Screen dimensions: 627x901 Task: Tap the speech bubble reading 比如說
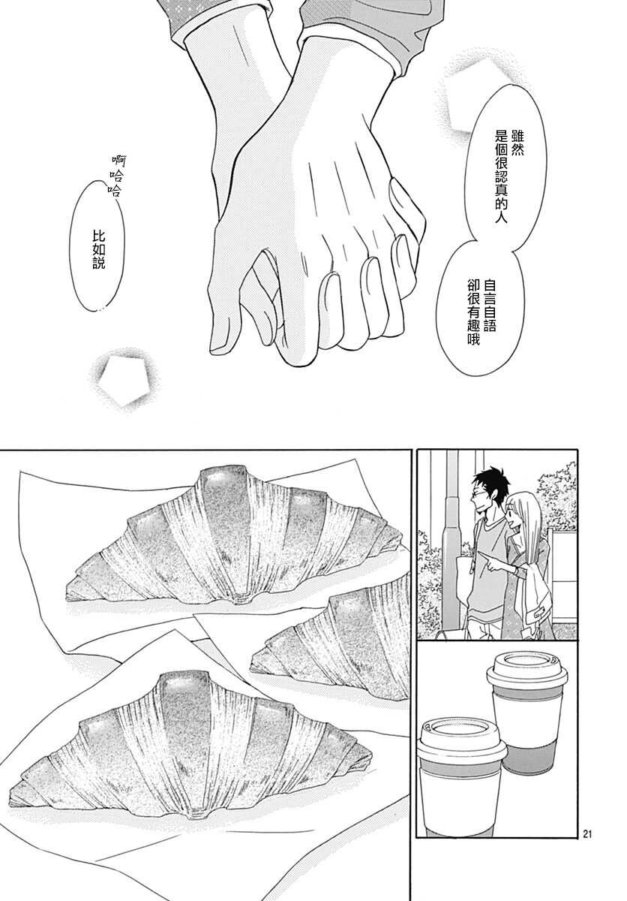97,246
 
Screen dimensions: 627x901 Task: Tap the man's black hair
490,480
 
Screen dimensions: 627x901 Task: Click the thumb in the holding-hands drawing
406,209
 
